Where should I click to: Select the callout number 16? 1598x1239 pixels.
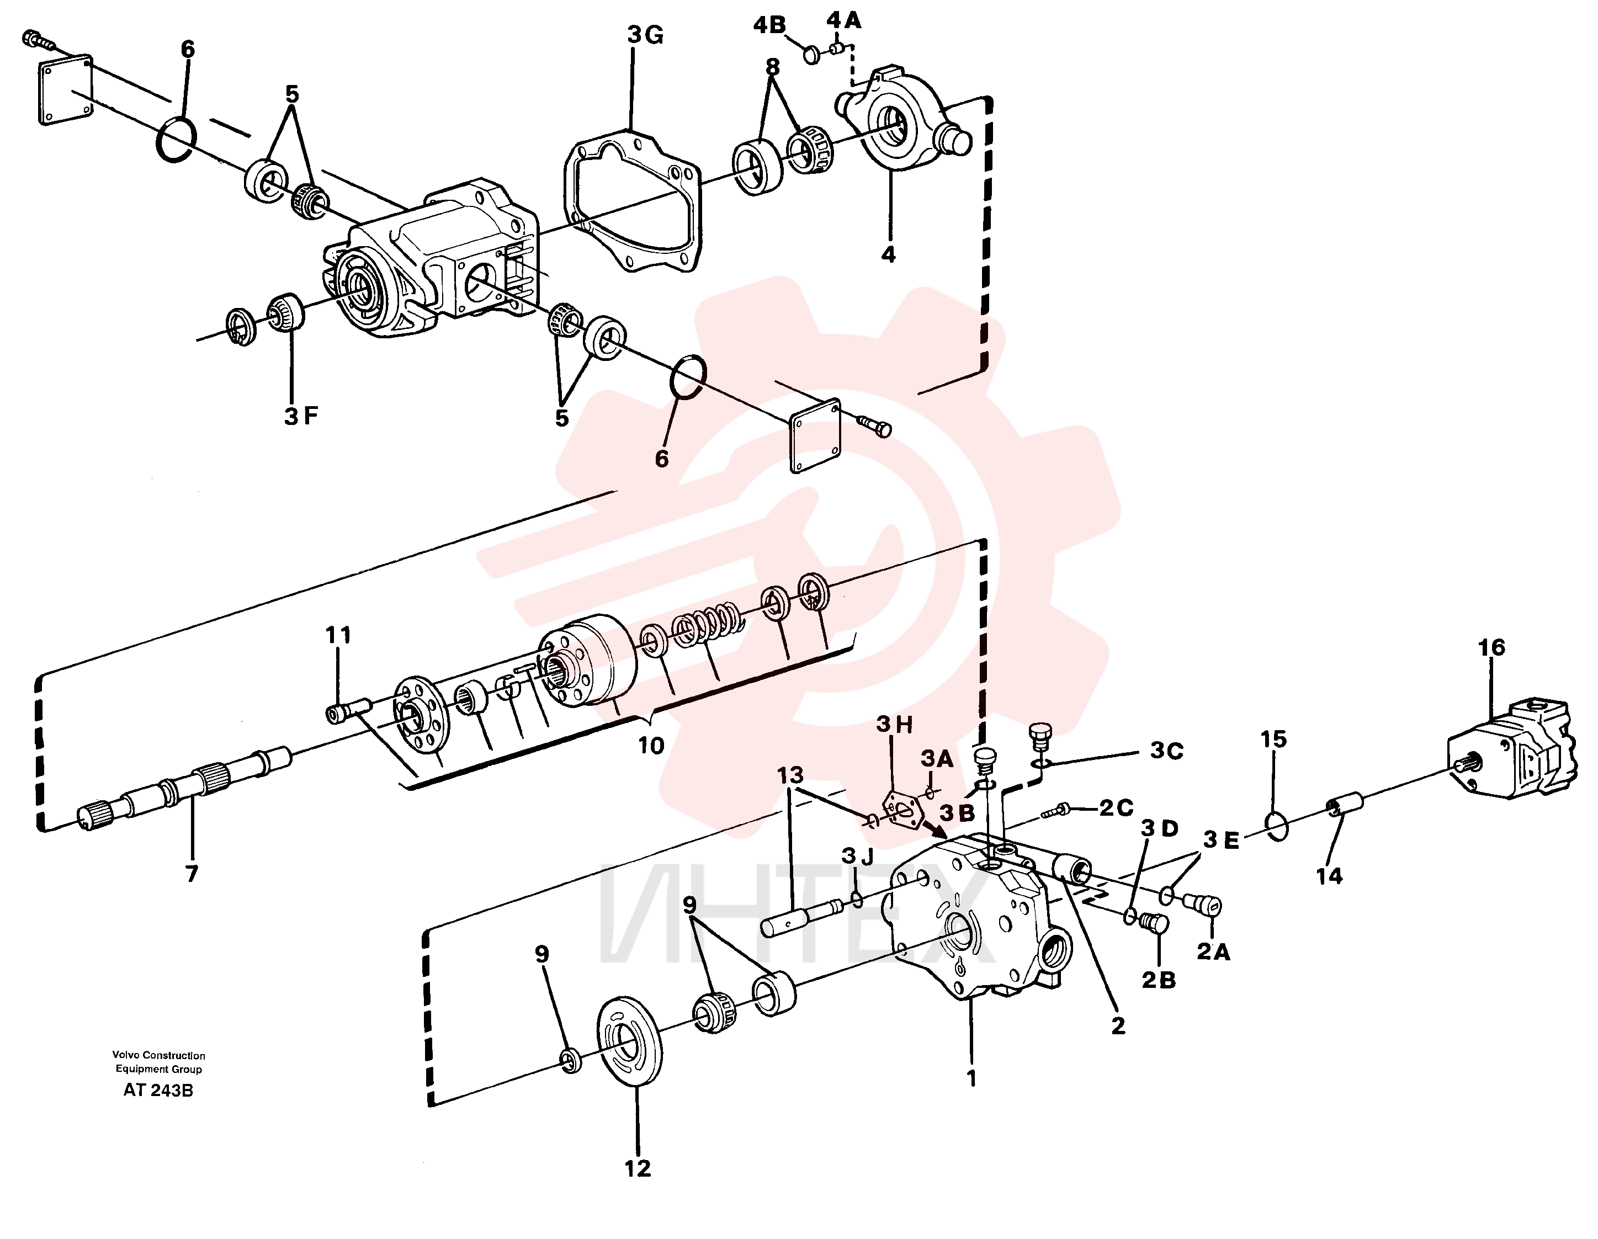(1491, 647)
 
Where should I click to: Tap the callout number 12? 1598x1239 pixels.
(638, 1168)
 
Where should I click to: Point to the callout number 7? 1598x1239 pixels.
(192, 873)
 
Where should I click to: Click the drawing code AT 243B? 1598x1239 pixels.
(158, 1090)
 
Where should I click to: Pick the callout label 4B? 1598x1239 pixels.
(769, 25)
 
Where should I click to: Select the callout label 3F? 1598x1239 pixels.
(301, 416)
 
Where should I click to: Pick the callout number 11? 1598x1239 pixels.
(338, 635)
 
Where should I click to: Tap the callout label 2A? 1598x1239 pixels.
(1213, 951)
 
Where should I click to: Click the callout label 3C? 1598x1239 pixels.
(1166, 751)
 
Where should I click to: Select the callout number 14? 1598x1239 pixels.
(1330, 875)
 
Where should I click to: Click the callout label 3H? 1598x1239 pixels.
(895, 725)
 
